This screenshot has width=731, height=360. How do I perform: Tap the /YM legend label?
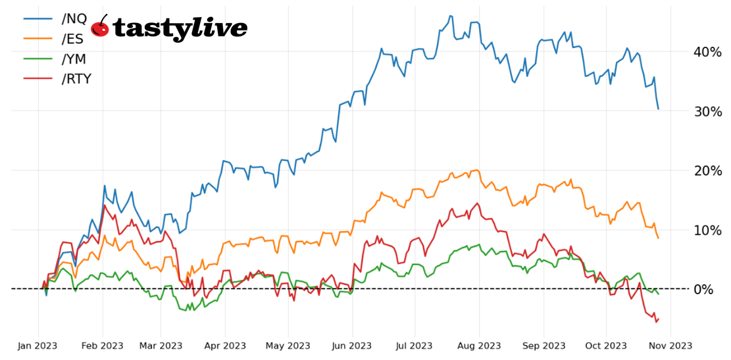click(74, 59)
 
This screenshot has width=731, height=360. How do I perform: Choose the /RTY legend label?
click(76, 79)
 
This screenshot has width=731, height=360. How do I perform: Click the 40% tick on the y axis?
click(707, 51)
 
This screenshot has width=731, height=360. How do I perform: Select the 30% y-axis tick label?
click(707, 111)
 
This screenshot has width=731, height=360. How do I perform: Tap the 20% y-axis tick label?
click(707, 170)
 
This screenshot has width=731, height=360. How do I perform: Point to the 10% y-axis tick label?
click(707, 230)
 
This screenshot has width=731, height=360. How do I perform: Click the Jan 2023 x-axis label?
click(38, 345)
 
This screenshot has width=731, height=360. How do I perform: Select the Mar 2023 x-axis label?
click(161, 345)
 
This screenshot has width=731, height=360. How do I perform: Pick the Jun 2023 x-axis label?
click(352, 345)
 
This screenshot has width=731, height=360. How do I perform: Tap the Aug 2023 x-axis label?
click(479, 345)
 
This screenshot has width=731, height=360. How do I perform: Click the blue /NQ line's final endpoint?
click(658, 109)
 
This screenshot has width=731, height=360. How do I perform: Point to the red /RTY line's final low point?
click(655, 322)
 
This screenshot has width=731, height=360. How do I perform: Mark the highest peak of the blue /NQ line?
click(450, 16)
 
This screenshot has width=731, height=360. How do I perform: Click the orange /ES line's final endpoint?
click(658, 238)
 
